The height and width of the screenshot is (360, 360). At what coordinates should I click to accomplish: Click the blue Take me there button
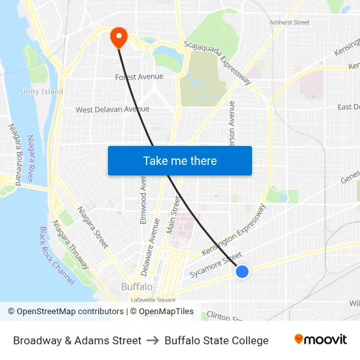pos(180,160)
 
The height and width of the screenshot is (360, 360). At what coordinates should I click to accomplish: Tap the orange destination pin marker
pos(118,37)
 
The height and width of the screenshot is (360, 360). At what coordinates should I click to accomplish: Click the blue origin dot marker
pos(242,271)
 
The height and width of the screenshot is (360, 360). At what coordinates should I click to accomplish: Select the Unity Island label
pos(42,92)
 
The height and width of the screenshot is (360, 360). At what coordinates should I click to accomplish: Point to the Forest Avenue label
pos(139,77)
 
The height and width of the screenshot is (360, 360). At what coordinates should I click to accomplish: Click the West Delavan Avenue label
pos(113,109)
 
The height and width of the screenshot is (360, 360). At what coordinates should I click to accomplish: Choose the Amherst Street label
pos(289,22)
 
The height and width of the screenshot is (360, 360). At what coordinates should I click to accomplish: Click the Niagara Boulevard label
pos(15,154)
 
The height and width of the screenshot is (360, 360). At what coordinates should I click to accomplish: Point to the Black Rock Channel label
pos(57,255)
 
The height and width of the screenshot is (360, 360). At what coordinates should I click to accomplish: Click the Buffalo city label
pos(137,287)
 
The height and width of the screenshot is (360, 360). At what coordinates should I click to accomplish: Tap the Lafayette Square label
pos(153,299)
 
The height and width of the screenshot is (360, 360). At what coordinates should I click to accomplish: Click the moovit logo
pos(321,340)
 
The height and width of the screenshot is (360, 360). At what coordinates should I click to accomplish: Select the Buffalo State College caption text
pos(217,340)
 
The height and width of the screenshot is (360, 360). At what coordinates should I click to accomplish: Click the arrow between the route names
pos(153,340)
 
